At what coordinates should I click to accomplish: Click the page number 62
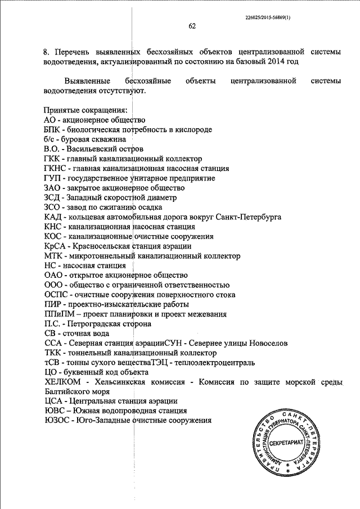(192, 27)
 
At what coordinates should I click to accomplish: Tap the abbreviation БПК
(52, 130)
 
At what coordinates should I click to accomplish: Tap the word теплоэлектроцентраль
(217, 363)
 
